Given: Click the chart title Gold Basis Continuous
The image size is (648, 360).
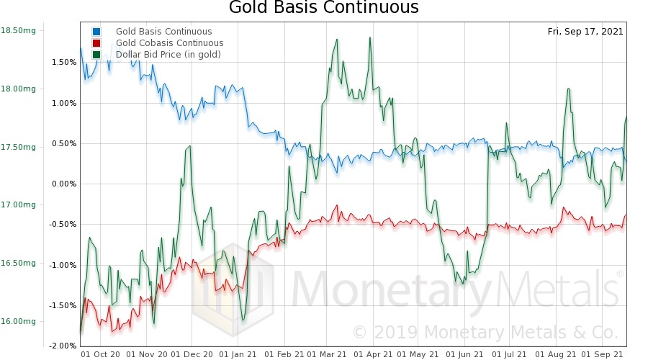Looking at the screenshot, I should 323,9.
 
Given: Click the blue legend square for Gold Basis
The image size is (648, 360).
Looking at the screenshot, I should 96,32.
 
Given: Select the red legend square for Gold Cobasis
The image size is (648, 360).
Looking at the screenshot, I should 96,43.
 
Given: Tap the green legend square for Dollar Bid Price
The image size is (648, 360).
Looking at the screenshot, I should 96,55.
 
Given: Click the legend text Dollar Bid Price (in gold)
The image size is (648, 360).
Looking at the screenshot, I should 168,55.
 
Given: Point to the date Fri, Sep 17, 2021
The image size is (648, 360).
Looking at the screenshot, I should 585,32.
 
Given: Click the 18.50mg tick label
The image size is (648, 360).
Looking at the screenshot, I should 18,30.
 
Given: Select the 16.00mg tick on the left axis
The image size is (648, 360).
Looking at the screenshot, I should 18,321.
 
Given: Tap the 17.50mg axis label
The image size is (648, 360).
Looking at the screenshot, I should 18,147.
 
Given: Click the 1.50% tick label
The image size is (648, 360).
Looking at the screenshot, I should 63,62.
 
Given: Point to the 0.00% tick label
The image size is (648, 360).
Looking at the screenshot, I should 63,184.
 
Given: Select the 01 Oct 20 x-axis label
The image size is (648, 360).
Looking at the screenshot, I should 101,354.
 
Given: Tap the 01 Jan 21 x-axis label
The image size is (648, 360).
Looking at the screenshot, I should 238,354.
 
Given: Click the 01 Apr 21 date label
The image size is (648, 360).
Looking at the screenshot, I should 374,354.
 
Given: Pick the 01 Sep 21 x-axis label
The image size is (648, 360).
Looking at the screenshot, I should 603,354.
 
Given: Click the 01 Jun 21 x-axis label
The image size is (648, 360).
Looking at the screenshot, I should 466,354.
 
